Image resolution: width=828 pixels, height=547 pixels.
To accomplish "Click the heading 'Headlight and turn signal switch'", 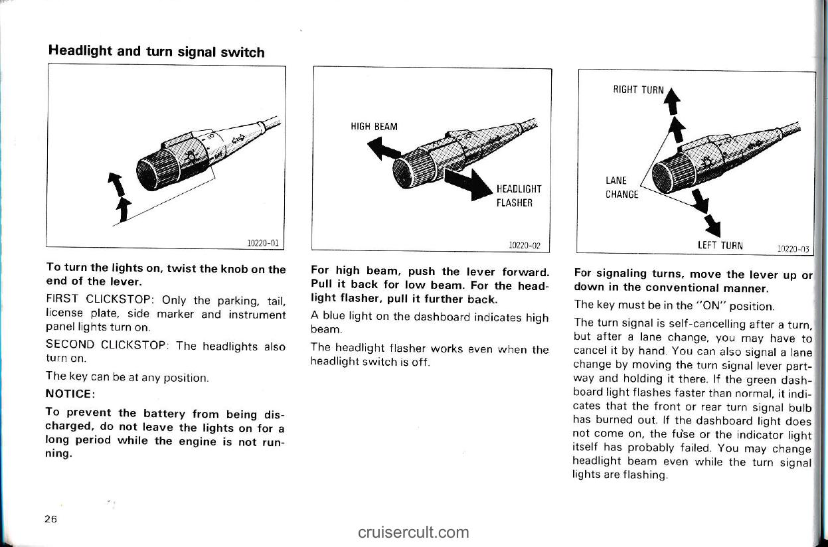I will pyautogui.click(x=156, y=52).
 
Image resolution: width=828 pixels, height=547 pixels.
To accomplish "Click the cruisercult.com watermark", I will pyautogui.click(x=413, y=532).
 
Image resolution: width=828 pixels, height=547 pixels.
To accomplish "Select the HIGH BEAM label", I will pyautogui.click(x=374, y=127).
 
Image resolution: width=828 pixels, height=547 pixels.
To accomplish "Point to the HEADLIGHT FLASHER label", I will pyautogui.click(x=519, y=196).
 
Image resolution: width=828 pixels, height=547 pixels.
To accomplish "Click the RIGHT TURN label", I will pyautogui.click(x=638, y=90).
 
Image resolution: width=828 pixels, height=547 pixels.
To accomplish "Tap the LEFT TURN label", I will pyautogui.click(x=720, y=245).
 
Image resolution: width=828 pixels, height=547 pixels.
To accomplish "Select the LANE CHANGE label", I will pyautogui.click(x=621, y=188).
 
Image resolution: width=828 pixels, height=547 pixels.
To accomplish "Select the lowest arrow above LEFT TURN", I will pyautogui.click(x=714, y=225).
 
